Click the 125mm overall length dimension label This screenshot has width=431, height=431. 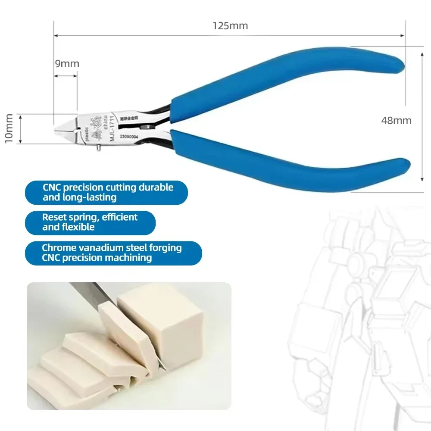pyautogui.click(x=230, y=25)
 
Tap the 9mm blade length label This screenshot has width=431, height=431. pyautogui.click(x=67, y=64)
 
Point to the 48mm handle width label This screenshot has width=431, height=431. pyautogui.click(x=396, y=120)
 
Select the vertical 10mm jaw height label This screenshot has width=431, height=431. pyautogui.click(x=8, y=129)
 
